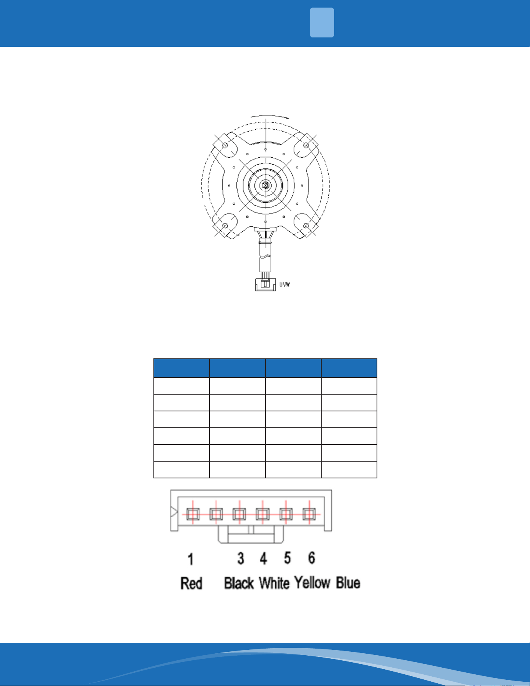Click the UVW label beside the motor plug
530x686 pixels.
285,285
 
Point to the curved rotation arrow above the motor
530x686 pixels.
270,116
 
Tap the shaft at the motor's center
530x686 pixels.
266,186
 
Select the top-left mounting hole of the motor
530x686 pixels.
225,145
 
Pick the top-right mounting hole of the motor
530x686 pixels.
306,145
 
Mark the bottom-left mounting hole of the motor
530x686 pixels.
225,226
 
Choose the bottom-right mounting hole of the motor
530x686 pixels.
306,226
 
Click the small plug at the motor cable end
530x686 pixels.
266,284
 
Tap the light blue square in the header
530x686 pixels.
322,23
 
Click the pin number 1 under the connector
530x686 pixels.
190,559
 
